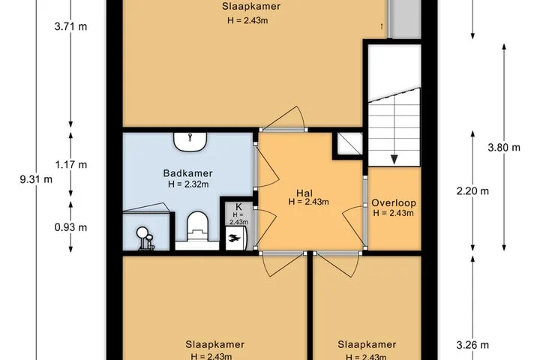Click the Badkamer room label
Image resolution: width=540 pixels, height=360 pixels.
(x=187, y=173)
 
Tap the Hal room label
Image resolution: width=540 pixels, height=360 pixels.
(x=304, y=193)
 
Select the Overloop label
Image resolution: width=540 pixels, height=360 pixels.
(x=393, y=203)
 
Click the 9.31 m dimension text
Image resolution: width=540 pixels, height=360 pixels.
(x=36, y=179)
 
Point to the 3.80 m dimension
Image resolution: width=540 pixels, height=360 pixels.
(x=504, y=148)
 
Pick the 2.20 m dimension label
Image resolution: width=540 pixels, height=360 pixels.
(x=472, y=190)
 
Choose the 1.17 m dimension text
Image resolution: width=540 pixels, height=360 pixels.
(x=71, y=165)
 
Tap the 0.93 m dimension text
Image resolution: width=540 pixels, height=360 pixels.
(x=70, y=227)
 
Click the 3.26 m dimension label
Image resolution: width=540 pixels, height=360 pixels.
(x=472, y=345)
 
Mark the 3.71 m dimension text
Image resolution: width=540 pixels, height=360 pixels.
(x=70, y=26)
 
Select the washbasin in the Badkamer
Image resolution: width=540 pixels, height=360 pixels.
(x=190, y=142)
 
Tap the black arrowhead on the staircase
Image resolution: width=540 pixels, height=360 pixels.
(x=394, y=159)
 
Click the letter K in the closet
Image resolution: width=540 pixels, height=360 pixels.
(x=238, y=207)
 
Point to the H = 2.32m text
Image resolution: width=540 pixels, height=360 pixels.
(x=188, y=184)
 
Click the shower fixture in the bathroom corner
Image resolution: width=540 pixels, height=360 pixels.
(x=145, y=238)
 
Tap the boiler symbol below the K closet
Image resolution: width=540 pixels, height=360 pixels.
(x=236, y=238)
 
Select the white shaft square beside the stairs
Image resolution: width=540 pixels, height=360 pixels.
(x=349, y=144)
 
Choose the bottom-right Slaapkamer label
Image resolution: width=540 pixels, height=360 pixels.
(x=367, y=344)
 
